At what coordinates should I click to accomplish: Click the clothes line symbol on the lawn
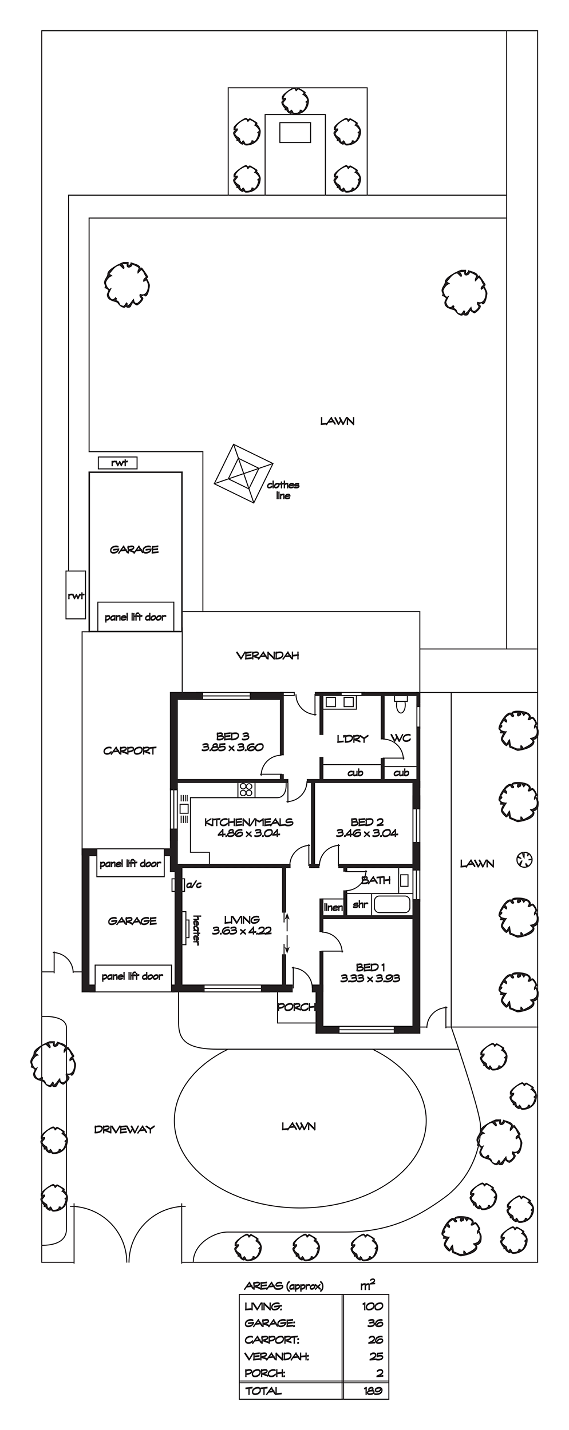pyautogui.click(x=243, y=474)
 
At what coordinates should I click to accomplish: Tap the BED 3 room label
pyautogui.click(x=232, y=736)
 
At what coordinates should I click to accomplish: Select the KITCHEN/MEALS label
pyautogui.click(x=248, y=822)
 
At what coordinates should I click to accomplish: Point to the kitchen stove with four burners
pyautogui.click(x=246, y=789)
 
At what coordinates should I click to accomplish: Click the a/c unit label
pyautogui.click(x=194, y=885)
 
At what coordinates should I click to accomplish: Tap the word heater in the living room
pyautogui.click(x=196, y=929)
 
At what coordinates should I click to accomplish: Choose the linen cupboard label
pyautogui.click(x=333, y=907)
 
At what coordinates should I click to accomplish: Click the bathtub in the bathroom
pyautogui.click(x=392, y=904)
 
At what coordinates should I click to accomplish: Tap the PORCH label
pyautogui.click(x=296, y=1007)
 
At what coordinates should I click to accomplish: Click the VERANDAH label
pyautogui.click(x=267, y=656)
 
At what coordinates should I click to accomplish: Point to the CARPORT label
pyautogui.click(x=129, y=750)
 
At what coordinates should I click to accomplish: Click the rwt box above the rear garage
pyautogui.click(x=118, y=463)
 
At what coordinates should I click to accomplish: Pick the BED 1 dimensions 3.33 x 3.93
pyautogui.click(x=370, y=978)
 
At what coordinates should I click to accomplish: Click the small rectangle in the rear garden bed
pyautogui.click(x=295, y=133)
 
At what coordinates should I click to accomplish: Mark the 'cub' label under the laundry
pyautogui.click(x=355, y=773)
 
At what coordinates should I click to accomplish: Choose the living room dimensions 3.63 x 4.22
pyautogui.click(x=242, y=931)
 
